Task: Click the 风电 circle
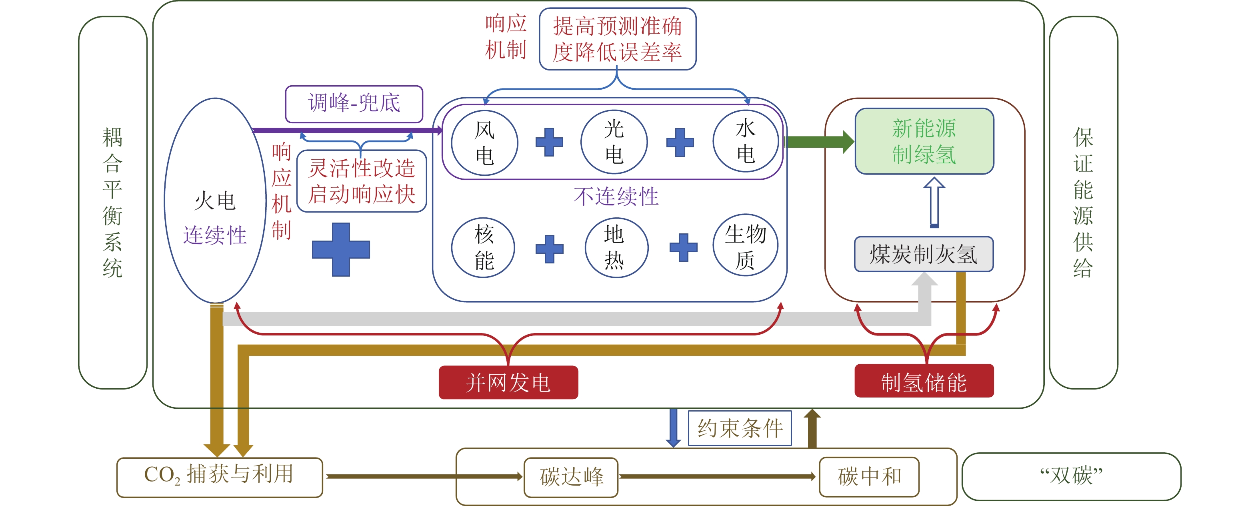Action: pyautogui.click(x=484, y=143)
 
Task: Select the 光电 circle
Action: pyautogui.click(x=614, y=142)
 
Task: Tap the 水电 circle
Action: pyautogui.click(x=746, y=141)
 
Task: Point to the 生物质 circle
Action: pyautogui.click(x=746, y=246)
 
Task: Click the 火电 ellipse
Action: pyautogui.click(x=215, y=201)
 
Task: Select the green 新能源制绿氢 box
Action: pyautogui.click(x=924, y=141)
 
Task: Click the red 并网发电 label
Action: pyautogui.click(x=508, y=382)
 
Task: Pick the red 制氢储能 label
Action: pyautogui.click(x=924, y=381)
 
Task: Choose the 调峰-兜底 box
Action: pyautogui.click(x=354, y=104)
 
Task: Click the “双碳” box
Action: pyautogui.click(x=1071, y=476)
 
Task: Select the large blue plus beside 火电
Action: pyautogui.click(x=341, y=249)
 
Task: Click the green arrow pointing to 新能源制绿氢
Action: pyautogui.click(x=819, y=143)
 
